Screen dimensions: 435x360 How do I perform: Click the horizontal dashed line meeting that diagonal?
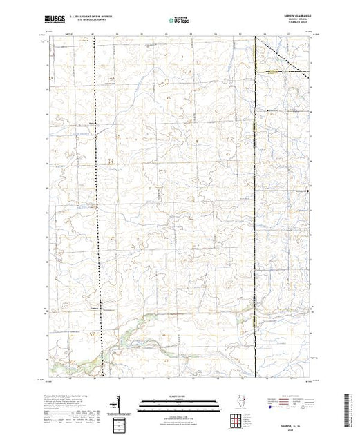[x=283, y=70]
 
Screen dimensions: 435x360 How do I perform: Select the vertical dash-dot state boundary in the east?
[x=256, y=207]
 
